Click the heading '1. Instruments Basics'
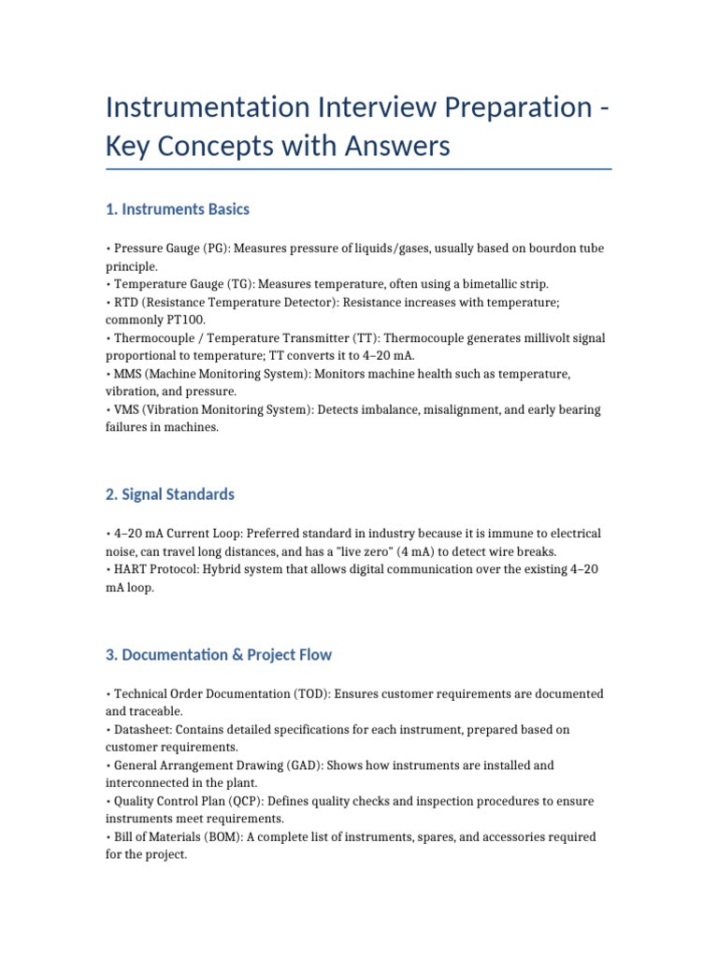click(x=178, y=209)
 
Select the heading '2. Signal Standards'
click(x=170, y=494)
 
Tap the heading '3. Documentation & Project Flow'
click(x=219, y=654)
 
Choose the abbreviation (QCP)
click(x=231, y=802)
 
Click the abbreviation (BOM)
click(x=221, y=837)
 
